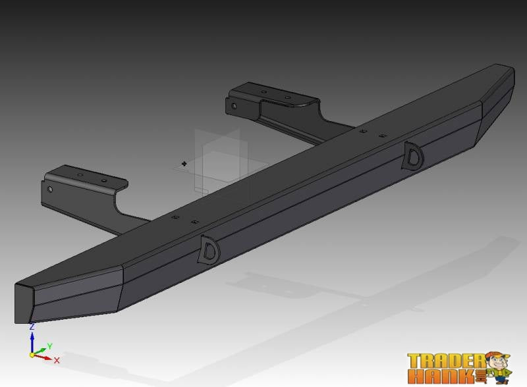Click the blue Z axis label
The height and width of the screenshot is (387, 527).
click(32, 326)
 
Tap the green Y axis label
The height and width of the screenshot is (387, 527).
click(50, 346)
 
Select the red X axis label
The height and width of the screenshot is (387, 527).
click(57, 360)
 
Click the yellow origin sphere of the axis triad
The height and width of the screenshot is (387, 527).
click(32, 354)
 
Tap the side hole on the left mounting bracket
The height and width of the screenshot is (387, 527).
click(51, 189)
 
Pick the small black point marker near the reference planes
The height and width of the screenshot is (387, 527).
click(184, 163)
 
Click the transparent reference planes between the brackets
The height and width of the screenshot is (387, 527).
click(217, 158)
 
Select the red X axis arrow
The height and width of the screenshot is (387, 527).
click(44, 357)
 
